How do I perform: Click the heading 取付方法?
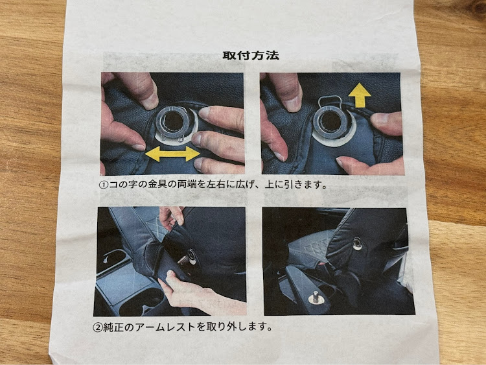click(251, 55)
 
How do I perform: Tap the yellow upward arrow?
click(360, 95)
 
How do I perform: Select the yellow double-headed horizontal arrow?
click(172, 154)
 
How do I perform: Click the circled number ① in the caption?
click(104, 185)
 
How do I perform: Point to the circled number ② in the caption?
click(98, 327)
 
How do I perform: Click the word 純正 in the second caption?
click(113, 327)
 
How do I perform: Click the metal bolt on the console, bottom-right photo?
click(315, 297)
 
